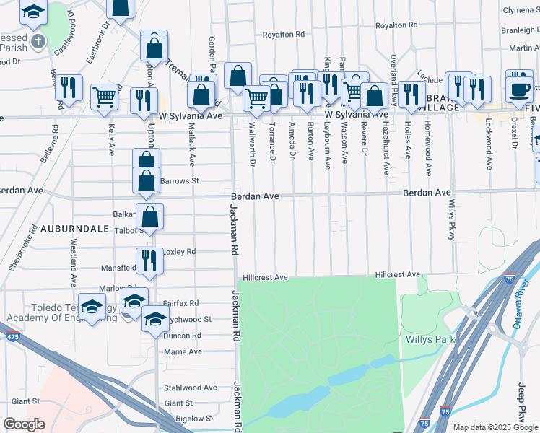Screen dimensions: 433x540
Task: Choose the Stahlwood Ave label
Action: click(191, 388)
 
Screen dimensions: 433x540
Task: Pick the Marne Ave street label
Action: click(183, 351)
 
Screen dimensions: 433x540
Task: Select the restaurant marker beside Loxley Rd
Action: click(149, 260)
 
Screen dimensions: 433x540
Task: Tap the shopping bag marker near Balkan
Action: click(149, 215)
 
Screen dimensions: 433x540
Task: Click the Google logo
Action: click(24, 424)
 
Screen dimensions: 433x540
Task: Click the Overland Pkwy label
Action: click(393, 71)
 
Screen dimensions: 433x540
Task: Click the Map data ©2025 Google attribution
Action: click(495, 427)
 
